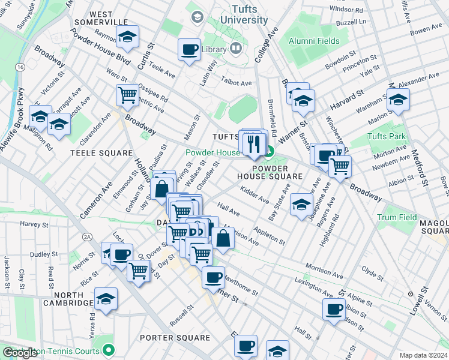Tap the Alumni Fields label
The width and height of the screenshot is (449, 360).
pos(314,41)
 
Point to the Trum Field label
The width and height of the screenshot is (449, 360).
pos(397,217)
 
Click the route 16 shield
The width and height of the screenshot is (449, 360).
pos(21,68)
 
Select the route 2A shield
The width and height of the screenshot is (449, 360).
pos(88,238)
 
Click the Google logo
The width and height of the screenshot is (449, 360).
pos(20,353)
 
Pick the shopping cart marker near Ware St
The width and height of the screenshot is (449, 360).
pos(127,95)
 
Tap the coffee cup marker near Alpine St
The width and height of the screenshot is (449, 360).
pos(334,310)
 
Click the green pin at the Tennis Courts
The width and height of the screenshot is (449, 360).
pos(107,349)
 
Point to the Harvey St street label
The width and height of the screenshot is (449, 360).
pos(33,224)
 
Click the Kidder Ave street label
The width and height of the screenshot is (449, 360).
pos(254,195)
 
